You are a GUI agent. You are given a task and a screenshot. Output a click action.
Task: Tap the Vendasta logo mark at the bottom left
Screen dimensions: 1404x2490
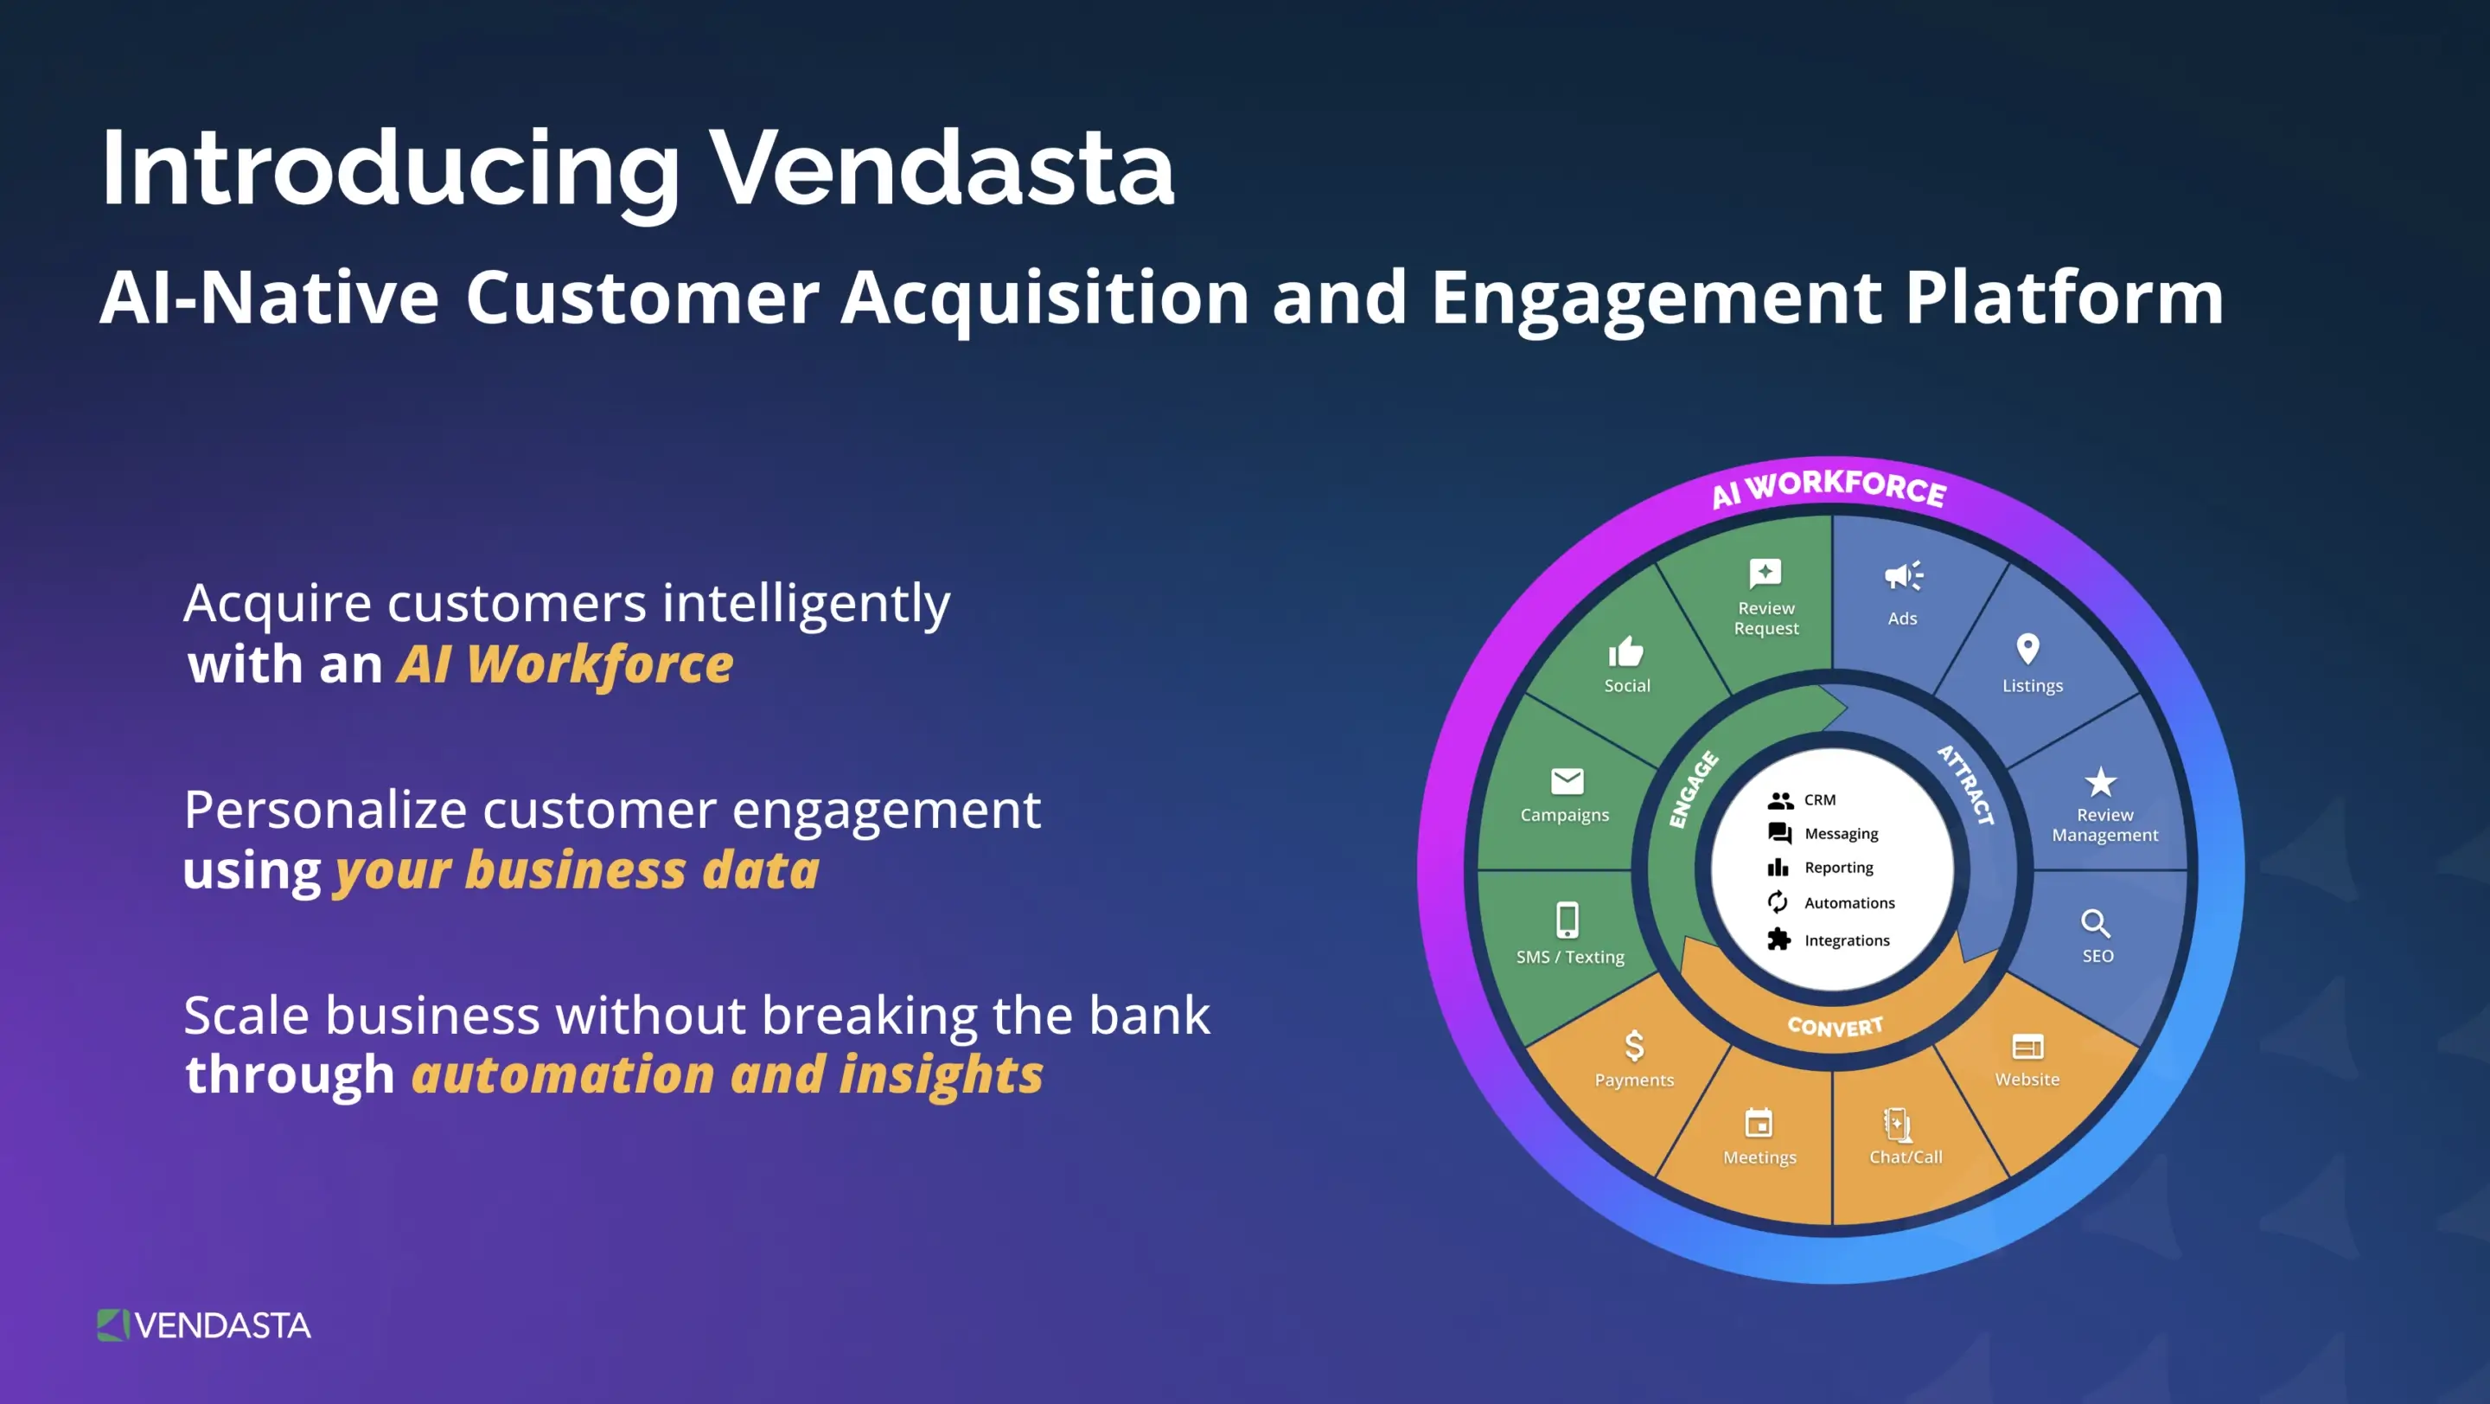tap(112, 1324)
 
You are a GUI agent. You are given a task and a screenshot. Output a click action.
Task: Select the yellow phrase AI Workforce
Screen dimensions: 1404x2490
tap(565, 665)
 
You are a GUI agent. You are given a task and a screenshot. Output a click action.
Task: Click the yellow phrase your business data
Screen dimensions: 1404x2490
tap(577, 870)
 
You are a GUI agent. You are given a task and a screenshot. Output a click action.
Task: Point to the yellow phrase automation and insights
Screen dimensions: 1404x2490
tap(727, 1075)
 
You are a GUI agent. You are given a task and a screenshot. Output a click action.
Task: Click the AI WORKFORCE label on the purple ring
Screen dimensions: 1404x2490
tap(1829, 487)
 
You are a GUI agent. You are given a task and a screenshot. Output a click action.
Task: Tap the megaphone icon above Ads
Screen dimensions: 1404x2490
tap(1903, 575)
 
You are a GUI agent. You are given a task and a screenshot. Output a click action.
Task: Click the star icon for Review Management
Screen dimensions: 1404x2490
tap(2100, 781)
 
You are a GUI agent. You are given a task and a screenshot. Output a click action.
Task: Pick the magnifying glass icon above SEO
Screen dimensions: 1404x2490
tap(2095, 923)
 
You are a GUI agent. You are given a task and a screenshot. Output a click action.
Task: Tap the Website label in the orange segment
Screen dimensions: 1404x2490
tap(2027, 1079)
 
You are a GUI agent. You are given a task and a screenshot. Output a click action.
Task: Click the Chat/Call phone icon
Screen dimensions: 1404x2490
tap(1898, 1125)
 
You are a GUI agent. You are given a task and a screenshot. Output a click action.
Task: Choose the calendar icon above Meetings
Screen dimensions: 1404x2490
tap(1759, 1124)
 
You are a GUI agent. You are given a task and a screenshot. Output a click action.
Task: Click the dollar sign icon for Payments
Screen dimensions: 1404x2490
tap(1633, 1045)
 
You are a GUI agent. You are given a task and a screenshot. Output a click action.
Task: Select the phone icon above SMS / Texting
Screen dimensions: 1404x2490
tap(1567, 920)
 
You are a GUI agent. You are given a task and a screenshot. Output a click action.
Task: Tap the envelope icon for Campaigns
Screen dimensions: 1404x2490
tap(1567, 780)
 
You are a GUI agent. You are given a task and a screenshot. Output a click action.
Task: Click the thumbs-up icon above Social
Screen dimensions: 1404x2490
tap(1625, 651)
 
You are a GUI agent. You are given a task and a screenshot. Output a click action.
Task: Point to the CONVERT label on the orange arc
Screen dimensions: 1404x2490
tap(1835, 1026)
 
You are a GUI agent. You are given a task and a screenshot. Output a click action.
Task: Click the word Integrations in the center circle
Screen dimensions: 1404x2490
tap(1846, 939)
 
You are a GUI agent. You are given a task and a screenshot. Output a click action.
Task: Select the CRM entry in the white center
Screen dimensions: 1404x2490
tap(1819, 799)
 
